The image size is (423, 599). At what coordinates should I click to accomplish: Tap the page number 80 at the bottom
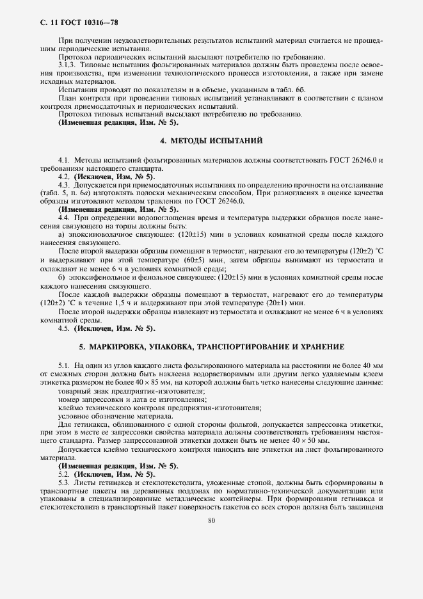(x=211, y=520)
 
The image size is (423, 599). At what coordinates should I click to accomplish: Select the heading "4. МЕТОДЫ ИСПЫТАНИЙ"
(x=211, y=140)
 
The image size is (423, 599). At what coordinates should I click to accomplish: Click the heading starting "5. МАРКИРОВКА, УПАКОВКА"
(x=211, y=346)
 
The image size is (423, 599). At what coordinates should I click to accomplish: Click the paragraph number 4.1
(x=63, y=158)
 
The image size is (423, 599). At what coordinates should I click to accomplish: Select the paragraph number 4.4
(x=63, y=218)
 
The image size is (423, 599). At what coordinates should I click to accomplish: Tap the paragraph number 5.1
(x=63, y=365)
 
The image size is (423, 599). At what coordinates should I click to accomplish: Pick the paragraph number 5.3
(x=63, y=482)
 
